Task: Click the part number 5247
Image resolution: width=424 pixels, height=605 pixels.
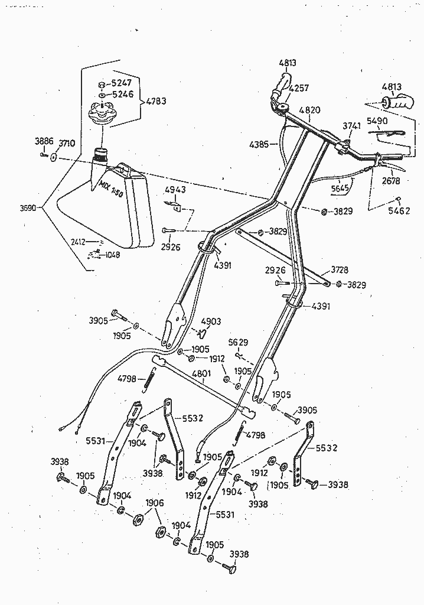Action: [x=123, y=84]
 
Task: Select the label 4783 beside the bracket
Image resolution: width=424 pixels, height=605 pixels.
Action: [x=155, y=101]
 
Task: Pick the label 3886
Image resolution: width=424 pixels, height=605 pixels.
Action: [x=44, y=141]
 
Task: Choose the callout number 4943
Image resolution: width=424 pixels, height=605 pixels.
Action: [x=174, y=190]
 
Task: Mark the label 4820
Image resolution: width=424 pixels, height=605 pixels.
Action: [x=309, y=110]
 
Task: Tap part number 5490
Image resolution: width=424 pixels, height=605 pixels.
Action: [x=377, y=121]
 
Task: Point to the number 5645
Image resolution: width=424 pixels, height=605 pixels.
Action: [x=340, y=188]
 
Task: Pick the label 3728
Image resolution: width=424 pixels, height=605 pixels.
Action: [x=339, y=269]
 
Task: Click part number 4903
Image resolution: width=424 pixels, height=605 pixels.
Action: [x=211, y=321]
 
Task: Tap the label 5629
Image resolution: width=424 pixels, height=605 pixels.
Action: [x=238, y=342]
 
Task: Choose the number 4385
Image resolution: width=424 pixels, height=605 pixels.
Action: [x=260, y=144]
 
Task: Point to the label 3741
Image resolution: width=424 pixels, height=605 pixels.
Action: [x=352, y=125]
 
